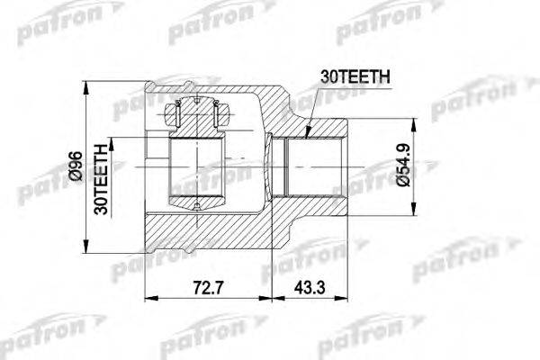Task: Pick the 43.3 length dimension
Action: [309, 289]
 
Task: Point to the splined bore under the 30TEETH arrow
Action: [310, 167]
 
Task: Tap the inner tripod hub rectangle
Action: [197, 171]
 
